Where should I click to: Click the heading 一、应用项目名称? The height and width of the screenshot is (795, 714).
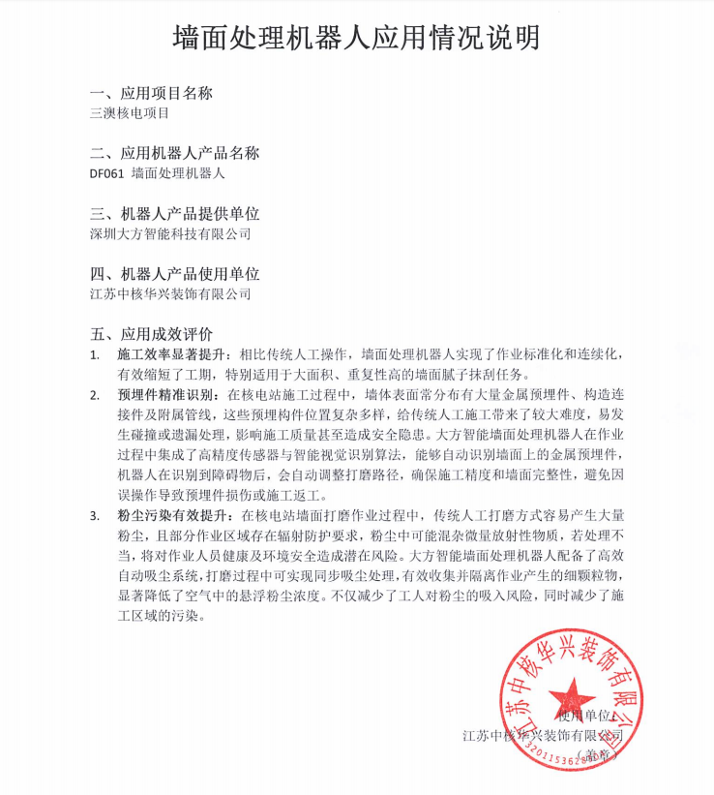coord(151,94)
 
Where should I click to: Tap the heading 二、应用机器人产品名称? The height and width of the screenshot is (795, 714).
coord(174,154)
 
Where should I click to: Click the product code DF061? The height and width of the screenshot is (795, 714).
coord(105,174)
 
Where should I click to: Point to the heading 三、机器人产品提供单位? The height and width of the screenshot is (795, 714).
coord(174,214)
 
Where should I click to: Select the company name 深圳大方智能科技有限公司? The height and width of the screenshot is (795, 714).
coord(169,233)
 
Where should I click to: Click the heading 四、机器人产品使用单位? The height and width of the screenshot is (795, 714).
coord(174,274)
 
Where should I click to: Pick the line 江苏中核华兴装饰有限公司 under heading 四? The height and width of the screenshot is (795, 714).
coord(169,293)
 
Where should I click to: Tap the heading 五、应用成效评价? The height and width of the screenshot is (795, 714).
coord(151,334)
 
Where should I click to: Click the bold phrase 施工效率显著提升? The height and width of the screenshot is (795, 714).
coord(170,355)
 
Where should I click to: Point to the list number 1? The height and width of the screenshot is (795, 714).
coord(94,355)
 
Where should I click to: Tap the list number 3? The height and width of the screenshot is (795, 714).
coord(94,512)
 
